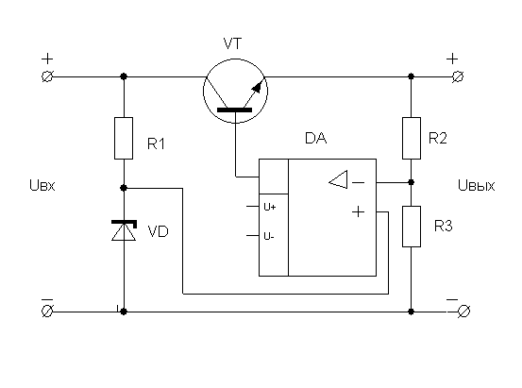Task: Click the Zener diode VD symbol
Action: [x=124, y=230]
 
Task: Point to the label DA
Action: [x=315, y=138]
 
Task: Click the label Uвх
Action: [x=42, y=185]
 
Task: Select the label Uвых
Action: [x=477, y=185]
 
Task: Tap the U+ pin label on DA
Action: [x=270, y=207]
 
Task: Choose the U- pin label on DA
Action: [x=269, y=236]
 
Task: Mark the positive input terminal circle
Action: [x=47, y=76]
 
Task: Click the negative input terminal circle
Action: [x=47, y=312]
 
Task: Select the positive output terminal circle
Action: [x=458, y=76]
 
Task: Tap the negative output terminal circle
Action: [x=463, y=312]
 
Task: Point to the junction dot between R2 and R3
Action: [x=412, y=182]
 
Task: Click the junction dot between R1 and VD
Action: [x=124, y=188]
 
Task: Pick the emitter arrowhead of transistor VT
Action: [x=257, y=87]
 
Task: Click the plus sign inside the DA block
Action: [x=358, y=211]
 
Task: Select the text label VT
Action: [x=232, y=43]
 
